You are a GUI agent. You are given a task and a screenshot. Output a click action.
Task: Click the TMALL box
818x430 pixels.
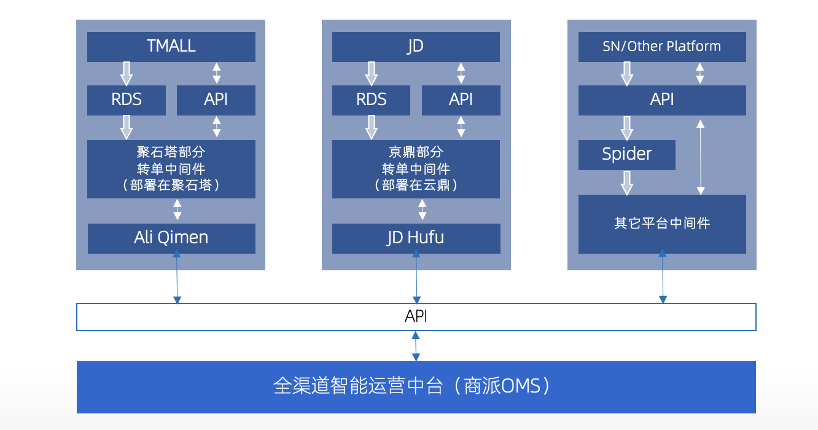point(171,47)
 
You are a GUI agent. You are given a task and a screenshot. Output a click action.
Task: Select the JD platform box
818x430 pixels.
point(416,47)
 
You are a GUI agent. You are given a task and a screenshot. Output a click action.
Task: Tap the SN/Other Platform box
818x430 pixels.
point(662,47)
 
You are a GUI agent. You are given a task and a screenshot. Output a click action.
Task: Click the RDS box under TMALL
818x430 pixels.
point(127,100)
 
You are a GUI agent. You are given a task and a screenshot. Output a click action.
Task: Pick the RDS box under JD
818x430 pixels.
point(371,100)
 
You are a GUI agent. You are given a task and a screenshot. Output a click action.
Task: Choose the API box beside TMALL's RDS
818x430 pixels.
point(216,100)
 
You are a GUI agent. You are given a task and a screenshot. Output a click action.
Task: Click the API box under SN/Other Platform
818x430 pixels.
point(662,100)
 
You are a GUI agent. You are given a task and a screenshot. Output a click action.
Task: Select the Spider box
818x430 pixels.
point(626,155)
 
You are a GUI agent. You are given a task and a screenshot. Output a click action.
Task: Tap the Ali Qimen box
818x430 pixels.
point(171,238)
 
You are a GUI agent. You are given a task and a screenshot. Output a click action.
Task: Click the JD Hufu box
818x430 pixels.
point(416,238)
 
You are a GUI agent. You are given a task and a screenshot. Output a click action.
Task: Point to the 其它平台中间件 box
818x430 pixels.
point(662,224)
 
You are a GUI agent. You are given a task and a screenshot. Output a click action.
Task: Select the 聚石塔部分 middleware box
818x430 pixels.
point(171,169)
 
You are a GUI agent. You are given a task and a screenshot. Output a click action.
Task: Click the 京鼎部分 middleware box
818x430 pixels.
point(416,169)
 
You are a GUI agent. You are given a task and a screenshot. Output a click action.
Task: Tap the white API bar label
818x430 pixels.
point(416,316)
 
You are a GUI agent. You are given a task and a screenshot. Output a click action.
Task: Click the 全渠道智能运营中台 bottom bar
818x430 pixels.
point(416,387)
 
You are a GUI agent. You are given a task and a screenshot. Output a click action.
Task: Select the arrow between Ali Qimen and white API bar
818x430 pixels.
point(177,277)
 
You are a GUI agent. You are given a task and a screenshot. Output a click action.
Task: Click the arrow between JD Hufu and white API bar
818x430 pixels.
point(416,277)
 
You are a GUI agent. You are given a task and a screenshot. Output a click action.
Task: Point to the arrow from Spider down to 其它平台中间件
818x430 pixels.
point(626,182)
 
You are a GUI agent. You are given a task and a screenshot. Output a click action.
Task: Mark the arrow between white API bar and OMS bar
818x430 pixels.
point(416,346)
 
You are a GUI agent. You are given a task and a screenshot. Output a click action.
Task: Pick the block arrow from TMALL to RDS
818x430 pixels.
point(127,74)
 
